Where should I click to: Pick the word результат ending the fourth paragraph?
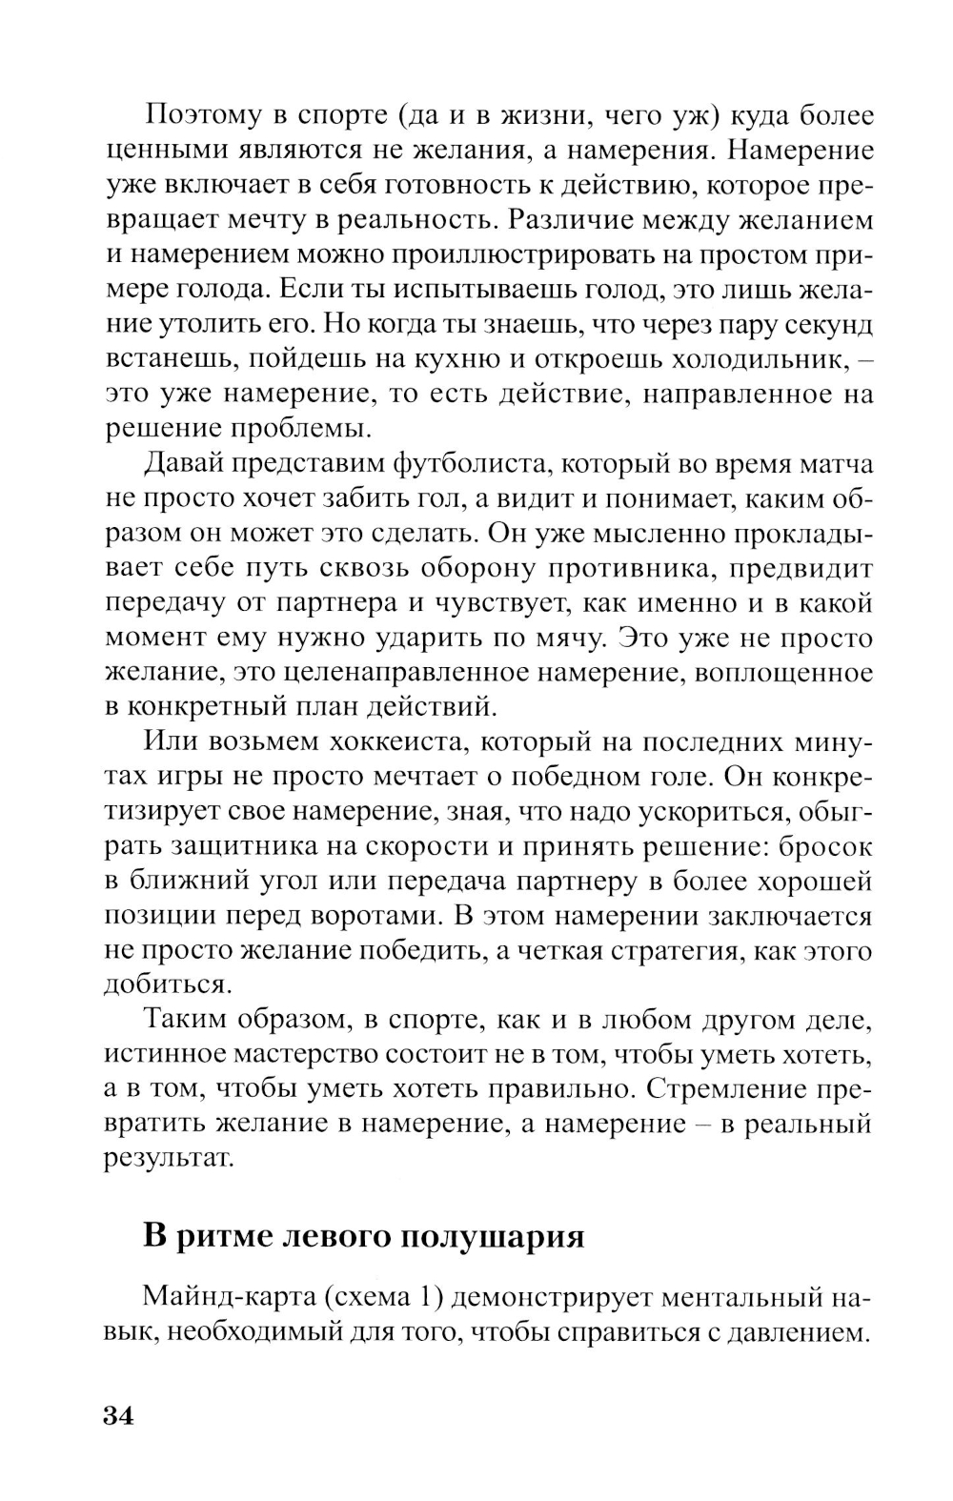point(168,1160)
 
